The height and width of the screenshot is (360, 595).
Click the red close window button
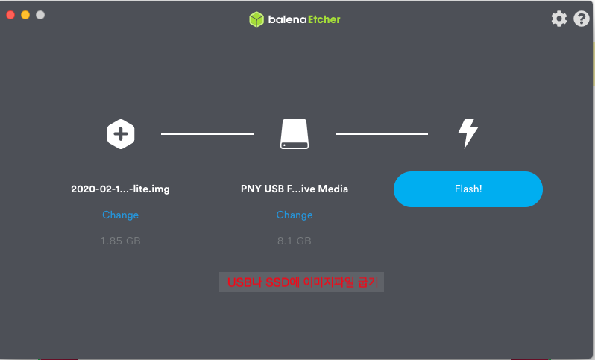pyautogui.click(x=10, y=15)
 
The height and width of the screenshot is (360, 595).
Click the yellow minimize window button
pyautogui.click(x=25, y=15)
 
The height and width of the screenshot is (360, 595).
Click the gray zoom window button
pyautogui.click(x=40, y=15)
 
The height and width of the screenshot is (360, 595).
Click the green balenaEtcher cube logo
pyautogui.click(x=256, y=19)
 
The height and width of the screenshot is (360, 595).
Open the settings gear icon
pyautogui.click(x=559, y=19)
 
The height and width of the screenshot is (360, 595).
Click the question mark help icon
pyautogui.click(x=582, y=19)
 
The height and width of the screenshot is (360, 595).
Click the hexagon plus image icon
pyautogui.click(x=121, y=134)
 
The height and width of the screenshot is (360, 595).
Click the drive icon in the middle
pyautogui.click(x=295, y=134)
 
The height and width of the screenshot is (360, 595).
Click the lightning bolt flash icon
pyautogui.click(x=467, y=133)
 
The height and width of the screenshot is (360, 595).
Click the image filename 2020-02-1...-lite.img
pyautogui.click(x=120, y=189)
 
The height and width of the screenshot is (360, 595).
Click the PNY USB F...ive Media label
pyautogui.click(x=295, y=189)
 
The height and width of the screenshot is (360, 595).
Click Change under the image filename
pyautogui.click(x=120, y=215)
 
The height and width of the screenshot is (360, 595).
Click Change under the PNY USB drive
pyautogui.click(x=295, y=215)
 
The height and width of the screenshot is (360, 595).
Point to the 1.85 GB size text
pyautogui.click(x=120, y=241)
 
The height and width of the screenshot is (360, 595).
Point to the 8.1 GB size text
pyautogui.click(x=295, y=241)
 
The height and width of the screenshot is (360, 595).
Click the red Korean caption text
pyautogui.click(x=301, y=282)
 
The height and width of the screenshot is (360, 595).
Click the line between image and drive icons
pyautogui.click(x=207, y=134)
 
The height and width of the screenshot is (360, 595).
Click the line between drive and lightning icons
pyautogui.click(x=381, y=134)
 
